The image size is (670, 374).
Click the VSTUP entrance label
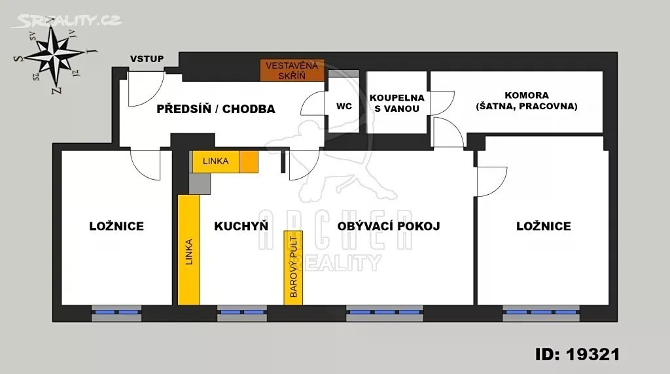pos(147,59)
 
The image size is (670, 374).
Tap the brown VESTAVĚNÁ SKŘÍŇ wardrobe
pos(292,71)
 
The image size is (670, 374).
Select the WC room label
pos(344,106)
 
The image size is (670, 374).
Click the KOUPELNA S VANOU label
pos(397,103)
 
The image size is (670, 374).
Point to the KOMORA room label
pos(527,101)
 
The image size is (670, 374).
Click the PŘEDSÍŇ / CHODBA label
pos(216,109)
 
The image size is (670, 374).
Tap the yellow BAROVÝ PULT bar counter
pos(293,267)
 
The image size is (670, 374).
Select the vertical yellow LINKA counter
pos(189,250)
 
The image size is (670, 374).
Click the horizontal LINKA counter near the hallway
pos(225,161)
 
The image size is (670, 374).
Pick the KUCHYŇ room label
pos(241,226)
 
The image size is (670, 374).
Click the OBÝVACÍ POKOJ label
pos(389,226)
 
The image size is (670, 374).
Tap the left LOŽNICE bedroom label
pos(116,226)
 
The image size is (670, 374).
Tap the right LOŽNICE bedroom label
pos(544,226)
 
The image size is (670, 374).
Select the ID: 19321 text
pos(577,354)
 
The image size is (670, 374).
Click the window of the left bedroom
pos(116,313)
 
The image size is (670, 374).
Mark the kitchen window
pos(242,313)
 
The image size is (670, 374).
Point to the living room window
pos(385,313)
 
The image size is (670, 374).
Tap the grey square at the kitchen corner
pos(200,184)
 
